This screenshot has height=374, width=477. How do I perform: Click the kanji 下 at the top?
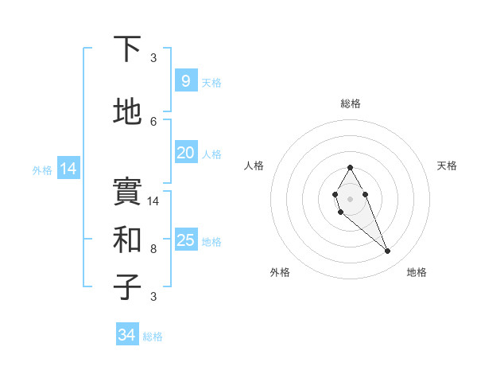coord(127,49)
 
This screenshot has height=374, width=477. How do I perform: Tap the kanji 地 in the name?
coord(127,112)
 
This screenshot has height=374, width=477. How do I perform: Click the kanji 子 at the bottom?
coord(127,286)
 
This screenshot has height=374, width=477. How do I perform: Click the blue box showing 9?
coord(185,81)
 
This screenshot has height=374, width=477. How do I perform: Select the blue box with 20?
coord(185,153)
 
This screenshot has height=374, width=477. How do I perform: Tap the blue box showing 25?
coord(185,240)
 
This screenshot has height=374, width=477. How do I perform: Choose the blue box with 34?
coord(126,335)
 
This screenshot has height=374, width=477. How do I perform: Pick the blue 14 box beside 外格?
coord(68,169)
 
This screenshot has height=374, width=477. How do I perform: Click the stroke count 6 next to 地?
coord(153,121)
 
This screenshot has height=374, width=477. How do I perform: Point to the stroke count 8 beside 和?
coord(153,249)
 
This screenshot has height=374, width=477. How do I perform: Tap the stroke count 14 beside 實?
coord(154,201)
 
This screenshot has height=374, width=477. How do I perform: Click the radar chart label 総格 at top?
coord(350,103)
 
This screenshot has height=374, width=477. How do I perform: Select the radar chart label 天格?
coord(448,166)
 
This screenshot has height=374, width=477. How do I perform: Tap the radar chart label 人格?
coord(254,166)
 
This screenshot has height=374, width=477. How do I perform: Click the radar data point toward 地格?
coord(387,251)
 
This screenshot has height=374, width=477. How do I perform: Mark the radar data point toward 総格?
coord(350,167)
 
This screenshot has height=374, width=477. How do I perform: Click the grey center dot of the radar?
coord(350,197)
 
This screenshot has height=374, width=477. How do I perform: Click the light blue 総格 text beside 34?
coord(153,337)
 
